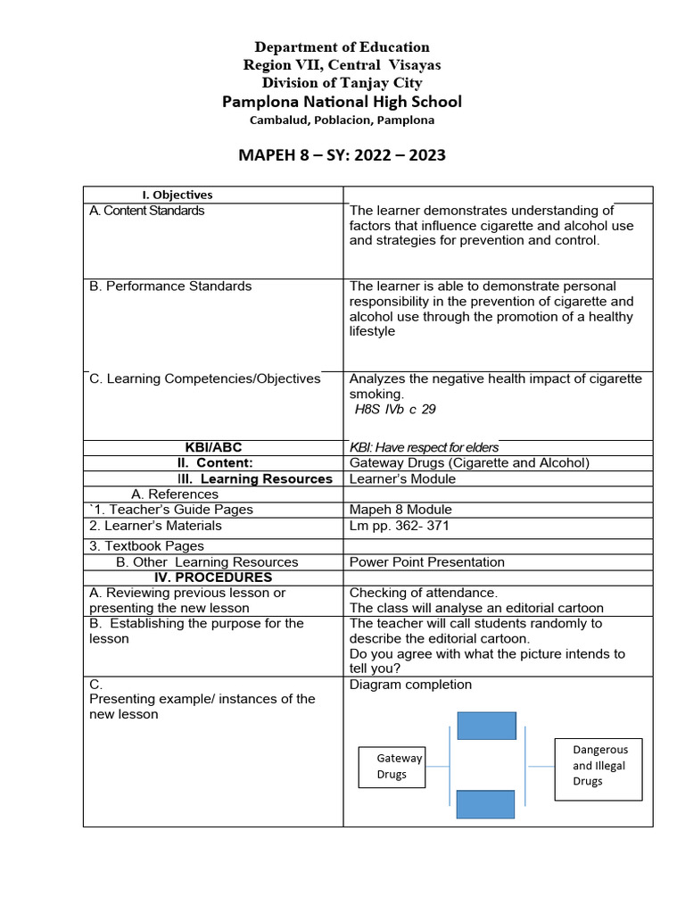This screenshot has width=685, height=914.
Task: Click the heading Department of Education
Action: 342,47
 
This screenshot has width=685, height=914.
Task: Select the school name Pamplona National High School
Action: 342,102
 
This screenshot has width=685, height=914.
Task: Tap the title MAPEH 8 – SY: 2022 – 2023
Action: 342,155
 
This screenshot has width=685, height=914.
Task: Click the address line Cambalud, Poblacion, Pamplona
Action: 342,120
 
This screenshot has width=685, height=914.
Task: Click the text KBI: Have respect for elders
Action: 424,447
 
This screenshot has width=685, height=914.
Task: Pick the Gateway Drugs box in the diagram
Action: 392,767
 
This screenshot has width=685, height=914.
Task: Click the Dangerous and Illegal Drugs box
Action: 598,766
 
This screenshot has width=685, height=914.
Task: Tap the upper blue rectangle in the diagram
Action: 486,726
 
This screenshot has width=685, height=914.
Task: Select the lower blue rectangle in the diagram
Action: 486,804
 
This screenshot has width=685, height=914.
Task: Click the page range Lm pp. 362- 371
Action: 400,526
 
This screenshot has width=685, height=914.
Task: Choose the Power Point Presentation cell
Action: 426,562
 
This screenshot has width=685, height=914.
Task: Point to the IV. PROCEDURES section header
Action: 212,577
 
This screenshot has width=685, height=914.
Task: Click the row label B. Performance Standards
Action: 170,287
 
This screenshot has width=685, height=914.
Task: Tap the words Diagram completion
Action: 410,685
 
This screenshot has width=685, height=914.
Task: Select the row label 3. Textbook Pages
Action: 146,545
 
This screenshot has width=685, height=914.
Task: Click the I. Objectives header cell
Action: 177,195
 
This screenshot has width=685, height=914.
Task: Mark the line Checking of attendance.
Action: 424,593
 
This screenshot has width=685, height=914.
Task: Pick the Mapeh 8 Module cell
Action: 400,510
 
